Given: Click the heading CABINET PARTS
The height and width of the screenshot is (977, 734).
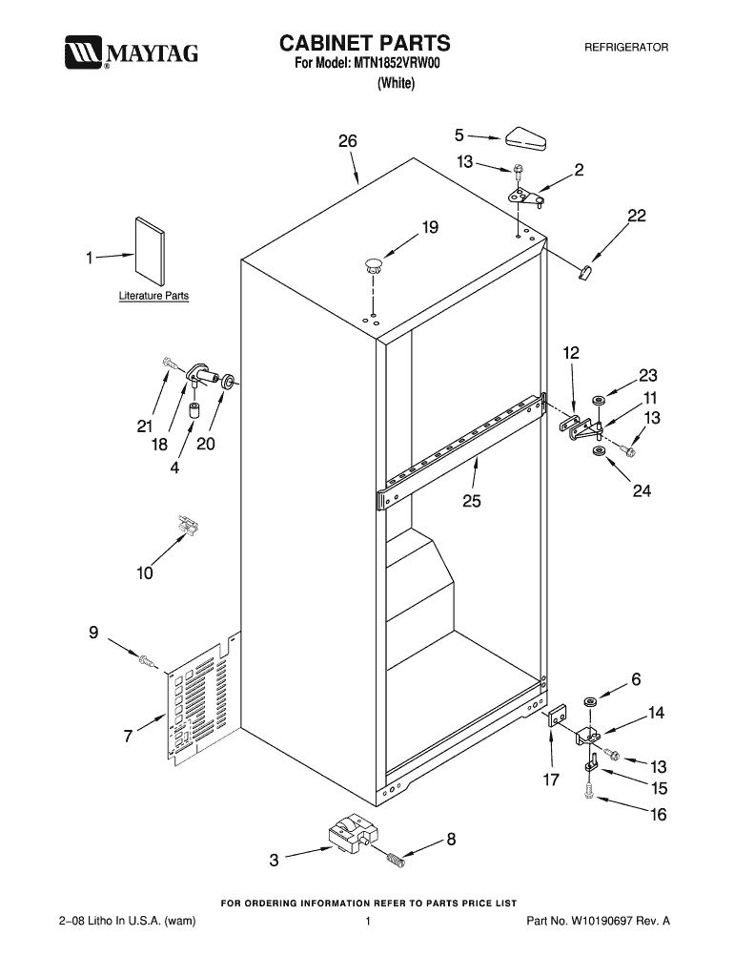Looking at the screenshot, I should point(363,43).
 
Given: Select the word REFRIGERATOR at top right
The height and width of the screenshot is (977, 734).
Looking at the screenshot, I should point(625,47).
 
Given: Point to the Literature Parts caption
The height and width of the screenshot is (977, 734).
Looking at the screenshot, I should point(153,296).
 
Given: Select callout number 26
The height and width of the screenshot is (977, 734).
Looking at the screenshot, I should point(347,141).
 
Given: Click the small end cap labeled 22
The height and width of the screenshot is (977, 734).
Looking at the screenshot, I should point(584,272).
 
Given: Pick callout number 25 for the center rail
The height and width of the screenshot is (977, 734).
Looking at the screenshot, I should point(472,501).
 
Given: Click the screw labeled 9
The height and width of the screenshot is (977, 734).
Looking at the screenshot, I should point(146,659).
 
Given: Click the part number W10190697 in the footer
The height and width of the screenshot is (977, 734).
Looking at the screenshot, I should point(610,922).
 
